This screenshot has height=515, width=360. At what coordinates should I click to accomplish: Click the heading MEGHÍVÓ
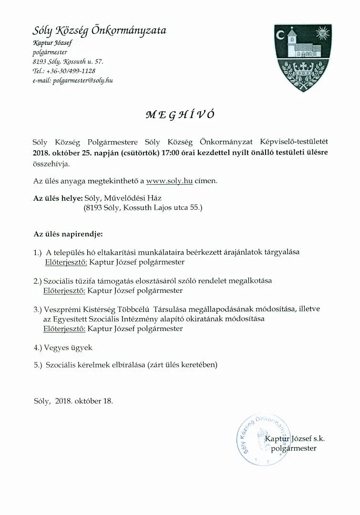pyautogui.click(x=180, y=114)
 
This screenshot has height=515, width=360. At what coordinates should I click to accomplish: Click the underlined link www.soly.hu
pyautogui.click(x=169, y=181)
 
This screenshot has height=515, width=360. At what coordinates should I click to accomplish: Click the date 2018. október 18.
pyautogui.click(x=84, y=401)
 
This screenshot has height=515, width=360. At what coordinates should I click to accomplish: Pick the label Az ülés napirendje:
pyautogui.click(x=68, y=235)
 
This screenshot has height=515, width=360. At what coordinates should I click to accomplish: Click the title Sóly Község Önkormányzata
pyautogui.click(x=99, y=31)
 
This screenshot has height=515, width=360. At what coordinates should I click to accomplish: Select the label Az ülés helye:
pyautogui.click(x=58, y=197)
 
